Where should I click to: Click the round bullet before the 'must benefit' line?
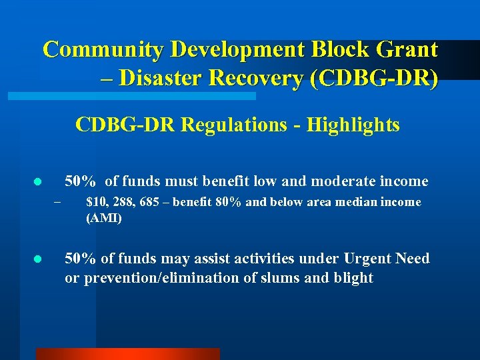tap(38, 182)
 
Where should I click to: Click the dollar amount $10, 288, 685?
tap(123, 202)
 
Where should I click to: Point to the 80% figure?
tap(229, 202)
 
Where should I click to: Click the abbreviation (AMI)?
tap(104, 218)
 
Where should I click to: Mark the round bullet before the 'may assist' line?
tap(38, 259)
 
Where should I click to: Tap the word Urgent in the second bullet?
tap(368, 258)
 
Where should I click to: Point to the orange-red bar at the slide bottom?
tap(127, 354)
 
